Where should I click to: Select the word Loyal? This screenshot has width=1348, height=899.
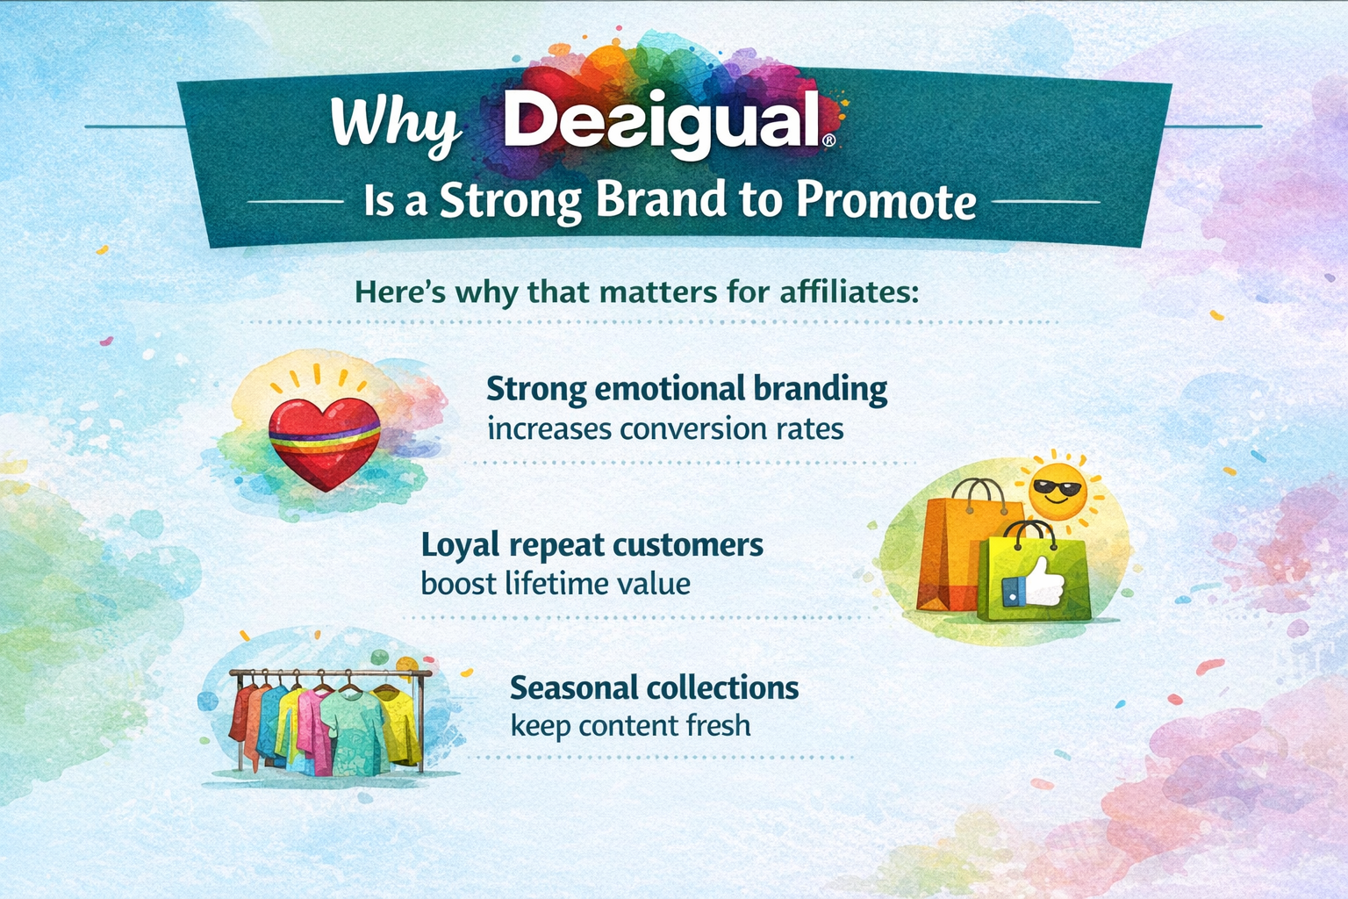[x=461, y=545]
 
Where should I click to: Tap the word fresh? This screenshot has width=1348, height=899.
[x=719, y=726]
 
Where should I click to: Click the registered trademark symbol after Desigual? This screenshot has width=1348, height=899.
[x=828, y=140]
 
